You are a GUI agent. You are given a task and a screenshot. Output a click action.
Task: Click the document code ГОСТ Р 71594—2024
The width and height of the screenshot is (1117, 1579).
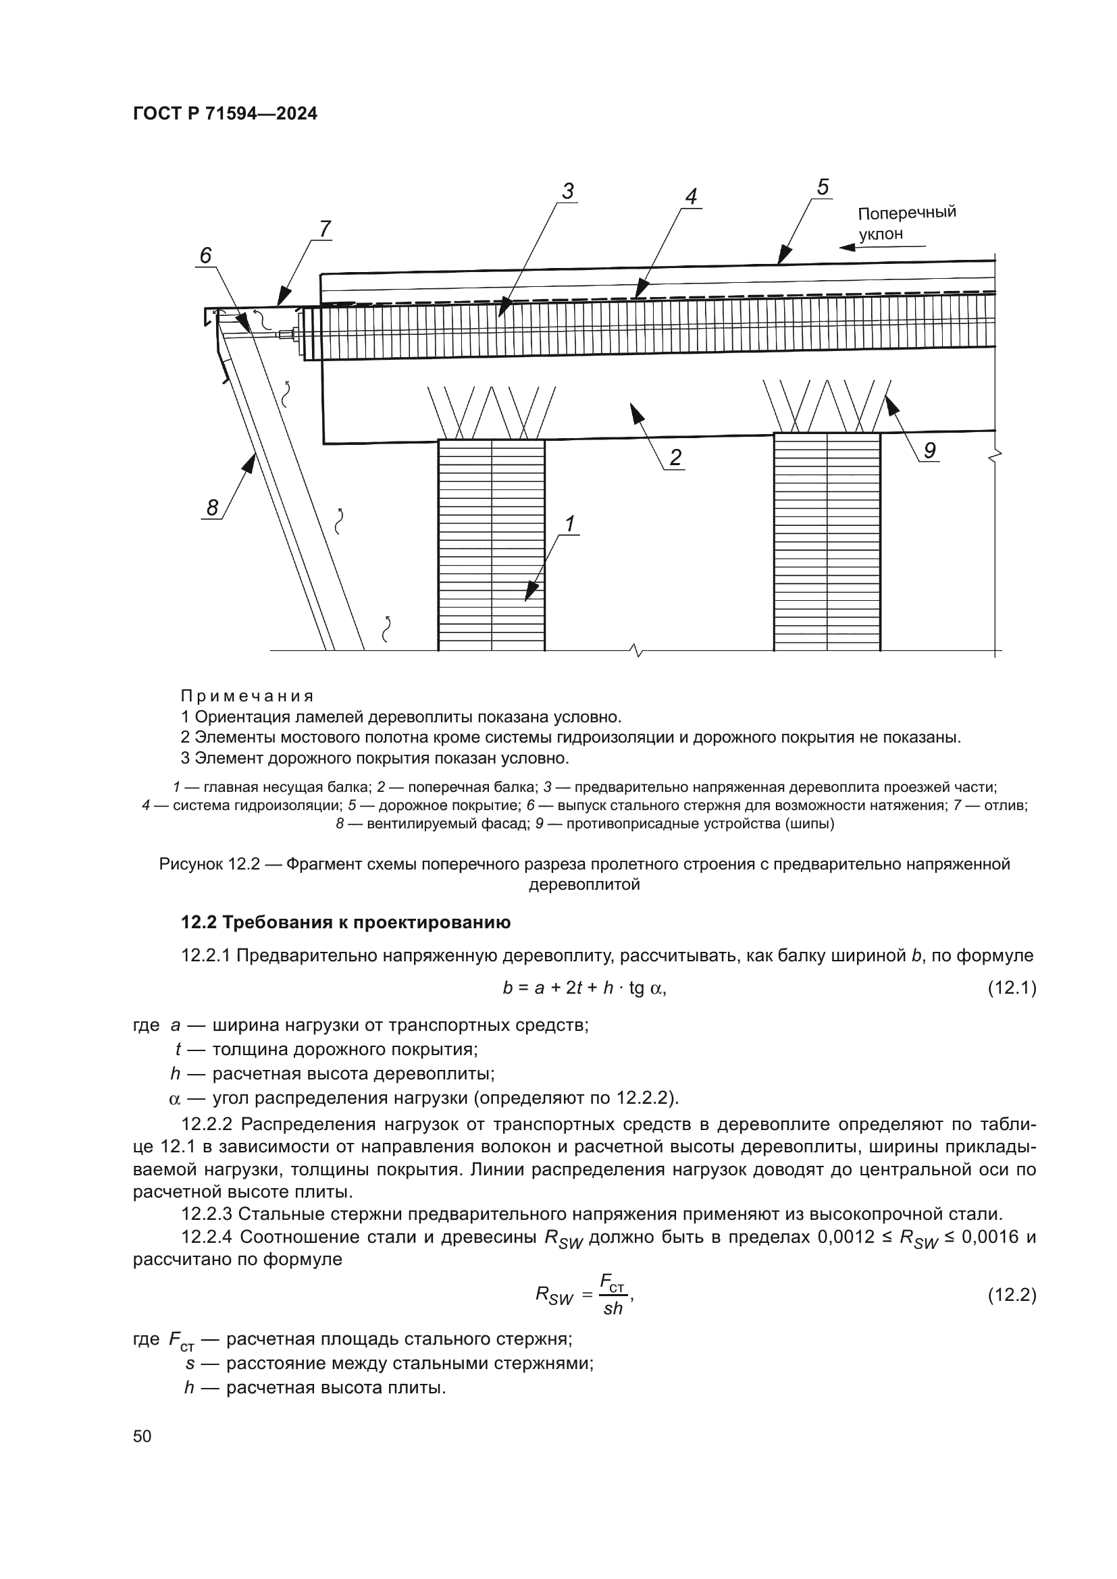(225, 114)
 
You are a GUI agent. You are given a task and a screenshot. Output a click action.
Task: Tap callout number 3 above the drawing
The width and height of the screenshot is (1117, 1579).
(567, 191)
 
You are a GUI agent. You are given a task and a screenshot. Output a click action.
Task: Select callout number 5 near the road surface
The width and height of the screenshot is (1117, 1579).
(823, 187)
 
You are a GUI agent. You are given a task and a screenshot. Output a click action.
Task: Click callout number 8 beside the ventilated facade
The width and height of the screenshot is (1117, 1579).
(213, 508)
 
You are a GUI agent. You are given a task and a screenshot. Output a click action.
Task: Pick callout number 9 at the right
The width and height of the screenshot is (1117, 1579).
(929, 451)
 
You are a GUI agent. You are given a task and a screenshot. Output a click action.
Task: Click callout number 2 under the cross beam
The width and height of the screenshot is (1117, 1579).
(675, 457)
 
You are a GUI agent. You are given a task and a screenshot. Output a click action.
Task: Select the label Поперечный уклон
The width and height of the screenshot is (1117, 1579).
(906, 222)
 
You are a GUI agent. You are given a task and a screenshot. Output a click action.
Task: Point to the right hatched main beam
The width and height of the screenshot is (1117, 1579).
(827, 541)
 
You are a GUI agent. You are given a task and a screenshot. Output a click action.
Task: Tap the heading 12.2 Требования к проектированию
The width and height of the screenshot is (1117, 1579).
(345, 923)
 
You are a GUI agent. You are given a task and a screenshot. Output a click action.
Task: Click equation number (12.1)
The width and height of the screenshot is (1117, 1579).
(1011, 988)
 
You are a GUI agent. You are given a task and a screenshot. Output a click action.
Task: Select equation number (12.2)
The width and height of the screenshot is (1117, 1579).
(1011, 1295)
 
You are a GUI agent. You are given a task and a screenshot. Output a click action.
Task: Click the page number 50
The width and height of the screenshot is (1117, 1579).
(142, 1436)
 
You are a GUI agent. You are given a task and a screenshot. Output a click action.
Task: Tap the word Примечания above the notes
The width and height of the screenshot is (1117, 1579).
(247, 696)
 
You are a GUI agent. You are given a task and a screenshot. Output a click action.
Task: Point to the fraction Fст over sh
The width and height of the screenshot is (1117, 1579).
(612, 1294)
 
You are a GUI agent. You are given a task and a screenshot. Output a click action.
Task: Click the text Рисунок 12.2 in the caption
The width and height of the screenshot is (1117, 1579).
(209, 864)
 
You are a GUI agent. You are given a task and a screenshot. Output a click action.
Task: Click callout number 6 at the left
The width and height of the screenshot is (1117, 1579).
(205, 256)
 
